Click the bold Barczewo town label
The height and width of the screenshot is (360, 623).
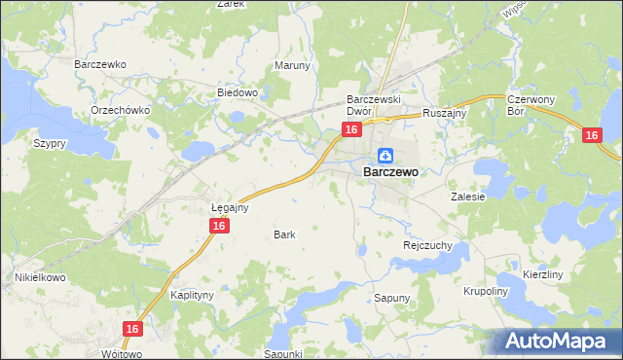pos(390,172)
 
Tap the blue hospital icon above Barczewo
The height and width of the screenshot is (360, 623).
pos(385,155)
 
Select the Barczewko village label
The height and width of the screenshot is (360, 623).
pos(101,64)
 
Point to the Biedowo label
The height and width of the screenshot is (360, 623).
pos(237,93)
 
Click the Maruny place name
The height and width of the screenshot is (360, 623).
pos(292,66)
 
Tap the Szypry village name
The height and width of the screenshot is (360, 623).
pos(49,143)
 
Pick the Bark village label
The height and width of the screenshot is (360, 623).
pos(284,234)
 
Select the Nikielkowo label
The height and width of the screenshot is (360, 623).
pos(38,277)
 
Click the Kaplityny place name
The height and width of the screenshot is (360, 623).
pos(191,294)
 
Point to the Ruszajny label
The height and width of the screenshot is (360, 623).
pos(446,113)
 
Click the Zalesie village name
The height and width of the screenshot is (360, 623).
pos(467,196)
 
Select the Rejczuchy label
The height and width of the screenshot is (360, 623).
pos(427,246)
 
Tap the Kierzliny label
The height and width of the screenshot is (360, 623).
pos(543,275)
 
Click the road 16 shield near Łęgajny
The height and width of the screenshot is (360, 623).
pos(219,226)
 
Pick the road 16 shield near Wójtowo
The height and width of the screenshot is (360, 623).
pos(133,330)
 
